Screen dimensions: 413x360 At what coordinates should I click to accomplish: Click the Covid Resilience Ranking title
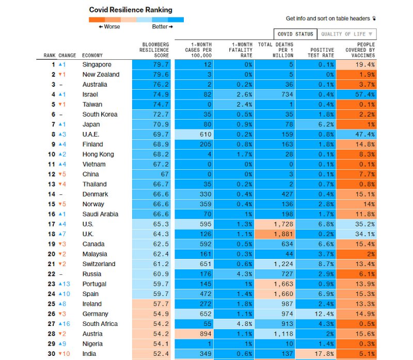(x=131, y=10)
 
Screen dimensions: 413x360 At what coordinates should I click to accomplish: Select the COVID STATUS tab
(x=295, y=34)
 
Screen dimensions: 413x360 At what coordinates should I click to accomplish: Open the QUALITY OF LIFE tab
(x=346, y=34)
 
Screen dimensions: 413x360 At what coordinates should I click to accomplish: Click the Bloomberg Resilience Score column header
(x=154, y=50)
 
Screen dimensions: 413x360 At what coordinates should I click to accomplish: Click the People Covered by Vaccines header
(x=360, y=50)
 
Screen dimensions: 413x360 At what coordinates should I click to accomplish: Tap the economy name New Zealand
(x=101, y=74)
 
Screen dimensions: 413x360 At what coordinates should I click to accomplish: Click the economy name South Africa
(x=100, y=324)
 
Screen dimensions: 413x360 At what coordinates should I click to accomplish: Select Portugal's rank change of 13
(x=64, y=284)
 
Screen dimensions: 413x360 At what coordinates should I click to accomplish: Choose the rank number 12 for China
(x=52, y=174)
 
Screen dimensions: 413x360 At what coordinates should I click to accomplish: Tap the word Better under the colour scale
(x=160, y=27)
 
